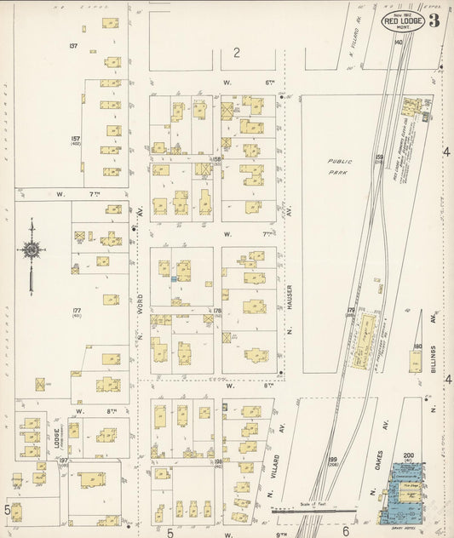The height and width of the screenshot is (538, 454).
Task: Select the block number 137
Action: (74, 45)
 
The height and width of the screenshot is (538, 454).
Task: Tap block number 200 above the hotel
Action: (408, 456)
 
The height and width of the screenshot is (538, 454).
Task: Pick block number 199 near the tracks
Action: (333, 460)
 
